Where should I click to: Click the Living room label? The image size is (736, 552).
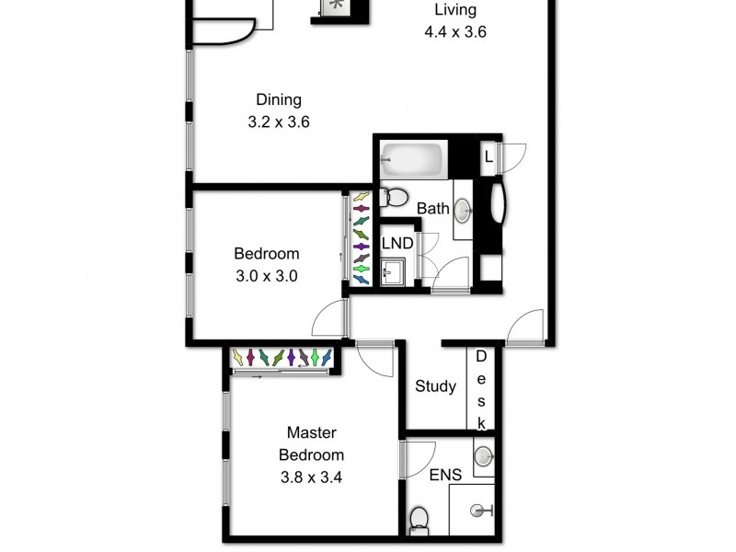(x=455, y=10)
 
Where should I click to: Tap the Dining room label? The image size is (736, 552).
(x=279, y=100)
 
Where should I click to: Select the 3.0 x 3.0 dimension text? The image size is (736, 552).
(x=266, y=274)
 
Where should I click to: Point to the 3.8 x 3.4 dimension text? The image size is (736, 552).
(x=312, y=477)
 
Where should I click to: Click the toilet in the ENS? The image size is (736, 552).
(x=419, y=519)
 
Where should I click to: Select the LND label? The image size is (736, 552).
(x=397, y=244)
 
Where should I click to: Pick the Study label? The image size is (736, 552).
(x=435, y=386)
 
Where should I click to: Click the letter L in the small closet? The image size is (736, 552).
(x=488, y=157)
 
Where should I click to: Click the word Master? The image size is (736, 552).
(x=312, y=432)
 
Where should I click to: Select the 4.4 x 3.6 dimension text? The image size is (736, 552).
(x=454, y=31)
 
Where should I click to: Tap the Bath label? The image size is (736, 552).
(x=433, y=209)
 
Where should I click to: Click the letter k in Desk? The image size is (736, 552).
(x=480, y=422)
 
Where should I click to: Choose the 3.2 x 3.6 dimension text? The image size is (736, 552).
(x=278, y=121)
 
